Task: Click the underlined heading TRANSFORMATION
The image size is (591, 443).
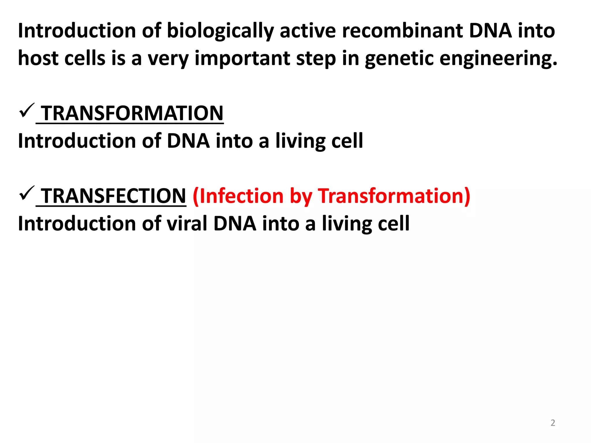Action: point(132,113)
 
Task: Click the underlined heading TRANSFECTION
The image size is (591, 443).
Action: point(114,196)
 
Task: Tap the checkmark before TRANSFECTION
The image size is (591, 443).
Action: point(27,194)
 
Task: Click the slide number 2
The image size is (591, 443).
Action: point(553,423)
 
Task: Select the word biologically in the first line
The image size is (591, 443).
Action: point(220,31)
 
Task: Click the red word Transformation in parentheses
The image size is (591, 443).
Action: point(394,196)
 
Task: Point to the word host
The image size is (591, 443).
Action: point(38,59)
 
